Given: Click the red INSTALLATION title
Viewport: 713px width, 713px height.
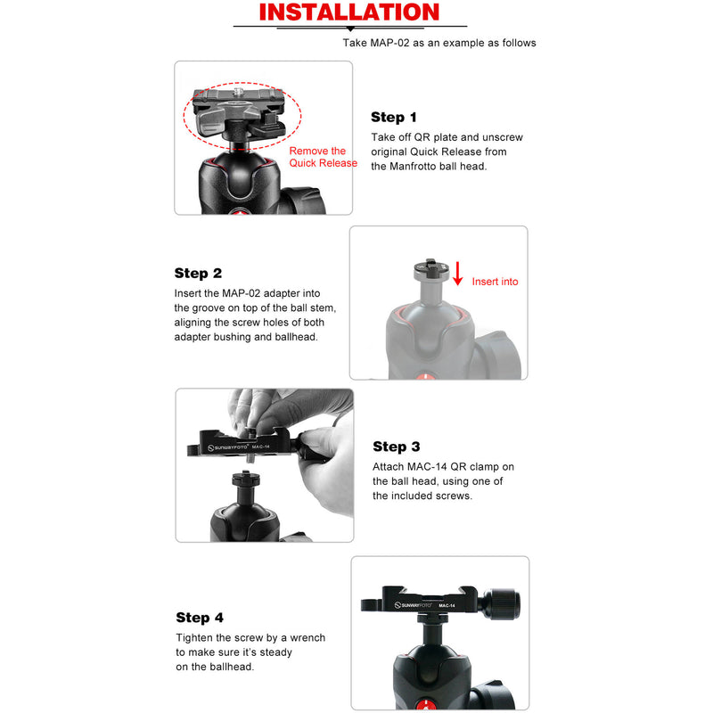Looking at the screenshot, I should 348,12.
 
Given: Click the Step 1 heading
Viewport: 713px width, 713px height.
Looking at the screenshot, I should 393,118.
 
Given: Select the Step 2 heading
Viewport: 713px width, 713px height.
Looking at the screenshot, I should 198,274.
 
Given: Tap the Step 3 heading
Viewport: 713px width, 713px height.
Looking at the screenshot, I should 396,447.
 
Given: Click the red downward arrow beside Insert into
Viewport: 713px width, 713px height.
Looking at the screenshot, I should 458,274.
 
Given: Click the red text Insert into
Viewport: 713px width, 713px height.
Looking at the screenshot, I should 495,282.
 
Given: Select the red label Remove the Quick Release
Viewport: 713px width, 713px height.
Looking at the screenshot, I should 322,157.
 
